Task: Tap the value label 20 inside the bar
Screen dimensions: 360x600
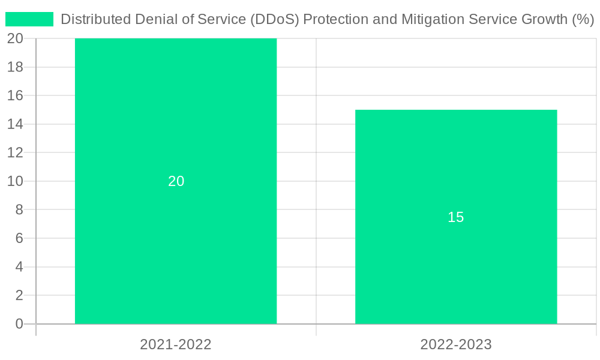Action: [x=176, y=181]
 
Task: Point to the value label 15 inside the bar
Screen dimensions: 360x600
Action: [x=456, y=217]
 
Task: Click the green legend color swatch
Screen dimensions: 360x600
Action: [x=29, y=19]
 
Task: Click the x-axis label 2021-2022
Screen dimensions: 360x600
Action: [x=176, y=344]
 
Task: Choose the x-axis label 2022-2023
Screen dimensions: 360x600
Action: [x=456, y=344]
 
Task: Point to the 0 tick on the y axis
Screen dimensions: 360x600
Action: [x=19, y=324]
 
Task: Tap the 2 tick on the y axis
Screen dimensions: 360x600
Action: [x=19, y=295]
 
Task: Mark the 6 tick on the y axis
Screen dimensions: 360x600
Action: [x=19, y=238]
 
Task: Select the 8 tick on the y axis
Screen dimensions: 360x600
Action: [x=19, y=209]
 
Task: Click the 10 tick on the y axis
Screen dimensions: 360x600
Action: [x=16, y=181]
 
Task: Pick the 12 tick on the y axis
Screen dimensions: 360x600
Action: [x=16, y=152]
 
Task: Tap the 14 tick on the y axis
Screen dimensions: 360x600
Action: [x=16, y=124]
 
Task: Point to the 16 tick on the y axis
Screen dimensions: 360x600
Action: [x=16, y=95]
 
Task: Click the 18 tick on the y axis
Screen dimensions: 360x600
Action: [x=16, y=67]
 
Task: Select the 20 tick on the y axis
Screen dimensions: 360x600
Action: [x=16, y=38]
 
